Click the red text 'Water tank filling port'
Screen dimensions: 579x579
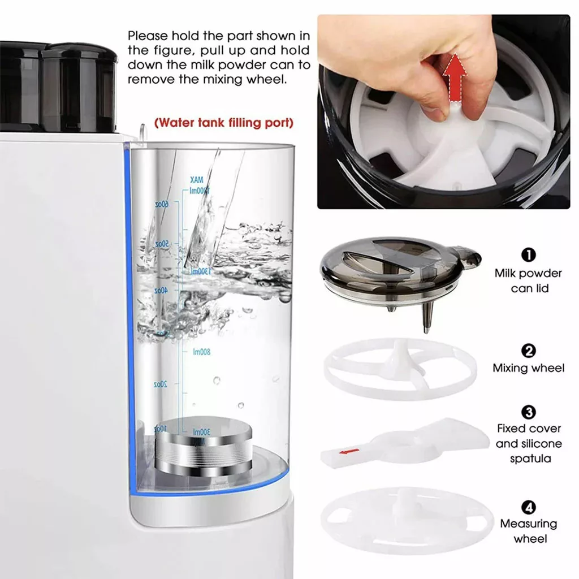pos(224,123)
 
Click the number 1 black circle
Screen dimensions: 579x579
pos(528,255)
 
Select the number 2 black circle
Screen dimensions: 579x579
pos(528,351)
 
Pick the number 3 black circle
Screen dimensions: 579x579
pos(528,412)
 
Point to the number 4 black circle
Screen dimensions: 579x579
pos(528,507)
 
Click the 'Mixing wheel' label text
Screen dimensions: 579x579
pos(528,368)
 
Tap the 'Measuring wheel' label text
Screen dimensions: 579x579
pos(528,531)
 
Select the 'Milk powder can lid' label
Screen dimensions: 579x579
pos(528,280)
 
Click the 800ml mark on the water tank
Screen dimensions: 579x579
pos(201,352)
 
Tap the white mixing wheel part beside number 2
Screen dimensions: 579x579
pos(400,369)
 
